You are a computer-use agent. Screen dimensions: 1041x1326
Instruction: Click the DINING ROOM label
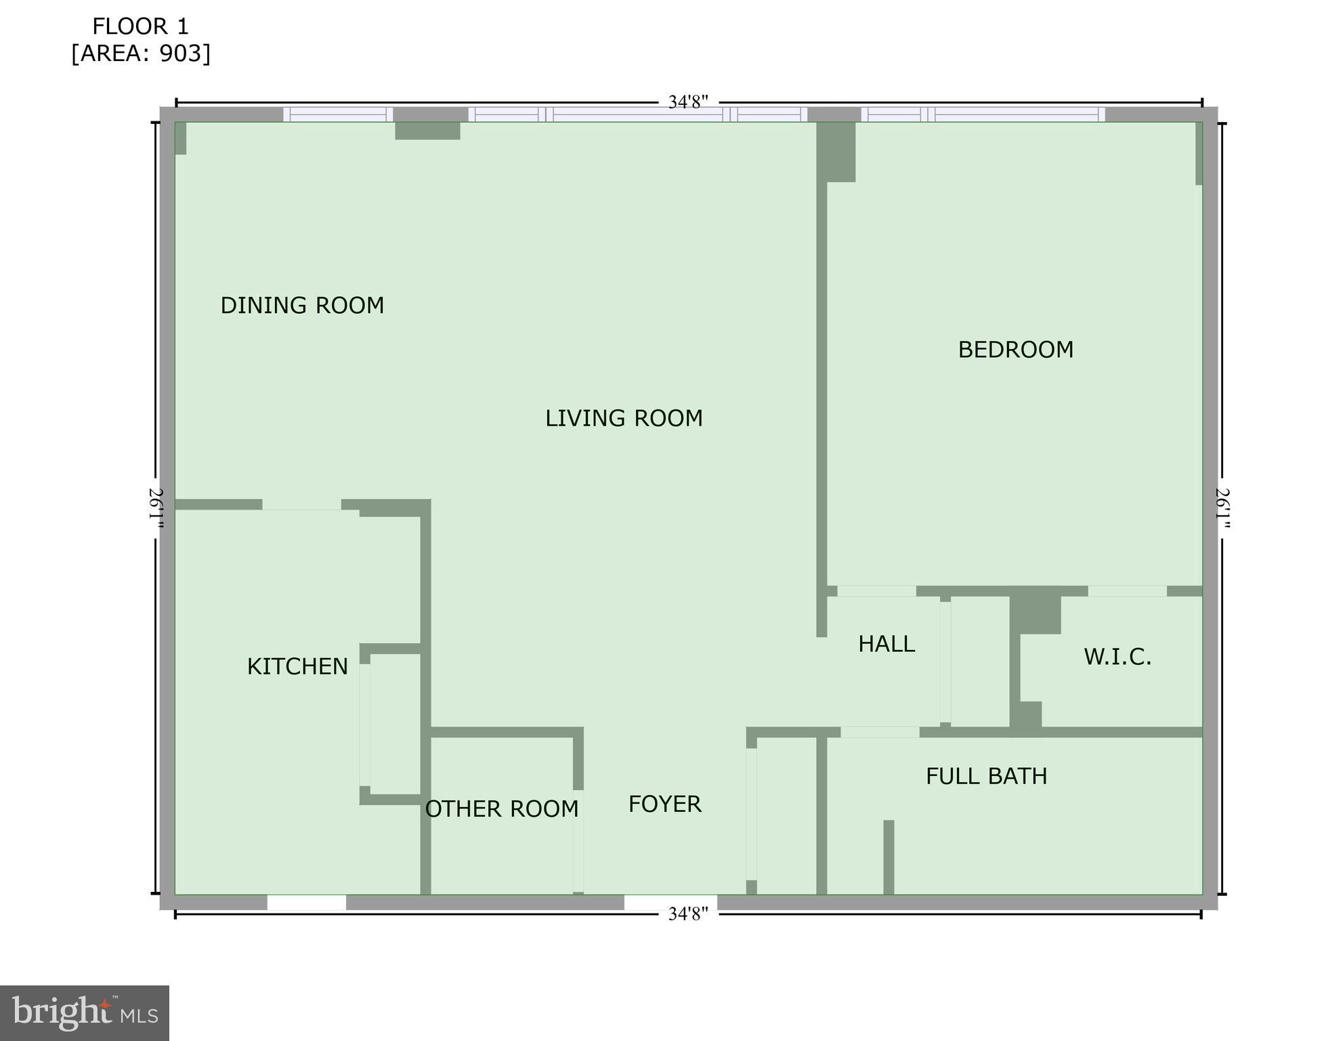coord(302,306)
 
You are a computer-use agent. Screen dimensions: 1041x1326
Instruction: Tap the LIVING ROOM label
coord(624,418)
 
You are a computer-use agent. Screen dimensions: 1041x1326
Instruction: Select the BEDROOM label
coord(1015,350)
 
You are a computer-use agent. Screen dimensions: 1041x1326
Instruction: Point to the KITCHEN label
coord(297,667)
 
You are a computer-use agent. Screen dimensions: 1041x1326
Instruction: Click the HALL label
coord(886,644)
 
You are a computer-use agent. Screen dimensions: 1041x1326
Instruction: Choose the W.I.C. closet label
coord(1117,657)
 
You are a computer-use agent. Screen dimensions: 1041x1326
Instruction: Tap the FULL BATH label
coord(986,776)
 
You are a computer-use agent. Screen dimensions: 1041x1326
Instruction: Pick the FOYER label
coord(664,804)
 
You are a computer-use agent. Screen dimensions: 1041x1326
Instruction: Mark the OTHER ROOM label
coord(502,809)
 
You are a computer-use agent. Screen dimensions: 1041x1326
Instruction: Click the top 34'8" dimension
coord(687,102)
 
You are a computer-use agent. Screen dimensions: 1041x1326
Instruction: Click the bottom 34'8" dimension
coord(687,914)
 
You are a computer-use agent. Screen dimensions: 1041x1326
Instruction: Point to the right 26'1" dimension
coord(1222,508)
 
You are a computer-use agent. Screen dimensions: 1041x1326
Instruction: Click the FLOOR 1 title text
coord(140,26)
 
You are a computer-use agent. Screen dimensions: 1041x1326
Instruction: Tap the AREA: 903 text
coord(141,54)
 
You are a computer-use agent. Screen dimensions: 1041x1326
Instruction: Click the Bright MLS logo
coord(85,1013)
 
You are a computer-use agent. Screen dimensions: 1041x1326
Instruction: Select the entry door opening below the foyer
coord(670,903)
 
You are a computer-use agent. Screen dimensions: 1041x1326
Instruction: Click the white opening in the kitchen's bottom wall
coord(306,903)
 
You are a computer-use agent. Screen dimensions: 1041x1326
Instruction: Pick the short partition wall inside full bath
coord(889,857)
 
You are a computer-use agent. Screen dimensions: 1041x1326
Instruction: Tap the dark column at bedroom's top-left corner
coord(836,152)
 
